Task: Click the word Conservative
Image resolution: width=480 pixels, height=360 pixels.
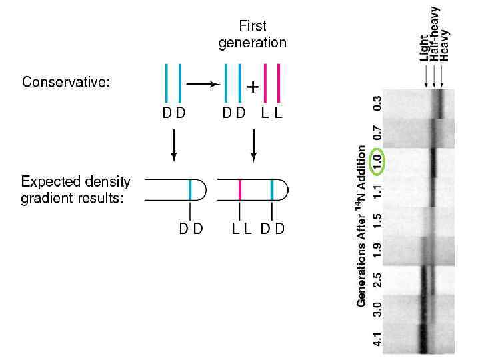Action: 65,83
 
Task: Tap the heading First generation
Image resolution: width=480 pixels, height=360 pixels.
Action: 252,35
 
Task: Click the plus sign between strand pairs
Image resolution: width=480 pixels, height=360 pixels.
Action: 253,87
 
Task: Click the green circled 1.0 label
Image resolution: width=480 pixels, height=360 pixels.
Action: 377,161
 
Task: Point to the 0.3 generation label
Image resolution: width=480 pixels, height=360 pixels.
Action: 377,103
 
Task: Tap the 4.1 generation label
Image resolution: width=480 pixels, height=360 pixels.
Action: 377,339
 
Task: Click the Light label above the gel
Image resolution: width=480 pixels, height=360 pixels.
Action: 424,48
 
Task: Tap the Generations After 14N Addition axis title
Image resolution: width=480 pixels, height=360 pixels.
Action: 362,227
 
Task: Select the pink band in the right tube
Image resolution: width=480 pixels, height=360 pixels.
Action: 239,190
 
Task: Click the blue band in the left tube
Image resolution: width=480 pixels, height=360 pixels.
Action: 190,190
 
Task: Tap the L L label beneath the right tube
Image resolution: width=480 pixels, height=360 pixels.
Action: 241,229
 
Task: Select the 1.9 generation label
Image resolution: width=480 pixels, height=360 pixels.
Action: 377,250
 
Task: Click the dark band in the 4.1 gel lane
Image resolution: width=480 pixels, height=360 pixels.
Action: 422,333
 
